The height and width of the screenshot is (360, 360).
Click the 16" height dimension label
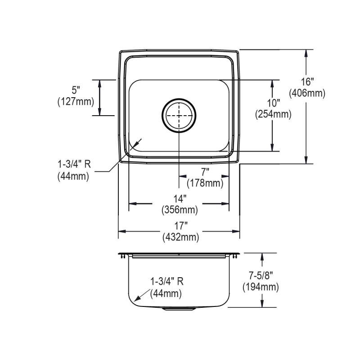point(307,82)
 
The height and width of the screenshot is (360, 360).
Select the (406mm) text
point(307,94)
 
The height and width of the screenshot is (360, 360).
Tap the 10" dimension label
point(273,103)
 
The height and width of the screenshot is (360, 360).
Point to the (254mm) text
point(273,114)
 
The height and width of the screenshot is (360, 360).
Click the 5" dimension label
point(76,90)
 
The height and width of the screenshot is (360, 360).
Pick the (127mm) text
point(76,102)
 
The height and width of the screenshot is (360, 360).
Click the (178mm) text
point(205,184)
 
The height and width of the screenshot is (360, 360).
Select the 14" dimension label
point(180,199)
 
